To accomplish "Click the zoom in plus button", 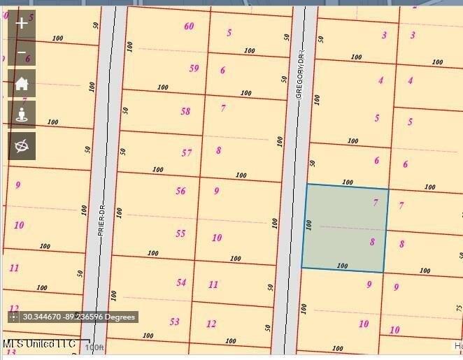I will [22, 23].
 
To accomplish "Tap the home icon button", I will [22, 84].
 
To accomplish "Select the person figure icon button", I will [22, 115].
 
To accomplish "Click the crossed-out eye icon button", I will [22, 145].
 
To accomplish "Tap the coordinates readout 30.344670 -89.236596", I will [78, 317].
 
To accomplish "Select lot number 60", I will [189, 27].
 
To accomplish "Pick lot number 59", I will [194, 69].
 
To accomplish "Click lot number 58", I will [185, 111].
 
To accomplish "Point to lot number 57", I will [186, 153].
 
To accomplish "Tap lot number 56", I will [180, 191].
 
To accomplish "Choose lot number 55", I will [180, 233].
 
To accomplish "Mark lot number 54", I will [181, 282].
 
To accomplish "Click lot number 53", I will [174, 322].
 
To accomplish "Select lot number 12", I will [211, 324].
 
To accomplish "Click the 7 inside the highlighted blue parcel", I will [376, 203].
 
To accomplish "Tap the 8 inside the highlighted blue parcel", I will [372, 242].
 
